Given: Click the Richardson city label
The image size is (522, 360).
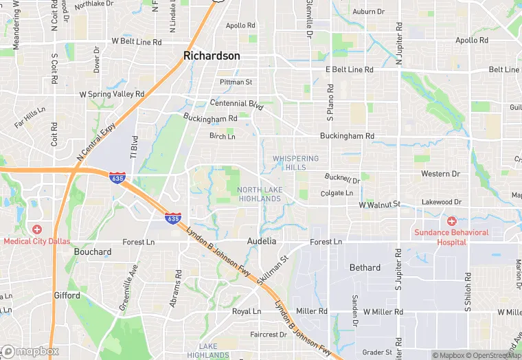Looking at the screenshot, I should [212, 56].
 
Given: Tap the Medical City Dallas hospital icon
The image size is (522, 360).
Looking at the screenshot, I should [37, 229].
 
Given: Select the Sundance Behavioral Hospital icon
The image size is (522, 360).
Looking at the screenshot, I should [451, 221].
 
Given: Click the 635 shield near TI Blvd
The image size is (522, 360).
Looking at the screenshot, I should [117, 177].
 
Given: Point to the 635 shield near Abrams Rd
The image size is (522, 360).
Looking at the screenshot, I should [173, 218].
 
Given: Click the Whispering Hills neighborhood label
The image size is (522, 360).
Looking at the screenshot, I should [295, 163].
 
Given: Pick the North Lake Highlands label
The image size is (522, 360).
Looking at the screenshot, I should [260, 194].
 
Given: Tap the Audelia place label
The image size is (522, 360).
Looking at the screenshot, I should [262, 242].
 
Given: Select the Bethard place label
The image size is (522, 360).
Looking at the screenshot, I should [365, 268].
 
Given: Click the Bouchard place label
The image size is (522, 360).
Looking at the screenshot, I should [93, 252].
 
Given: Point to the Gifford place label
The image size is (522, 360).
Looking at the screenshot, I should [67, 295].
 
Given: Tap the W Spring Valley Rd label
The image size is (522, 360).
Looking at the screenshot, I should [112, 93].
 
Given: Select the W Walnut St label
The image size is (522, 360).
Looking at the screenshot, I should [379, 205].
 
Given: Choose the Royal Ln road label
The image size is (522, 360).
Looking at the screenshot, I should [247, 311].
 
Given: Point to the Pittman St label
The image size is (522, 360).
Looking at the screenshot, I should [236, 82].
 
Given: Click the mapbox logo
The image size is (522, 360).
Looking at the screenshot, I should [30, 351].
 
